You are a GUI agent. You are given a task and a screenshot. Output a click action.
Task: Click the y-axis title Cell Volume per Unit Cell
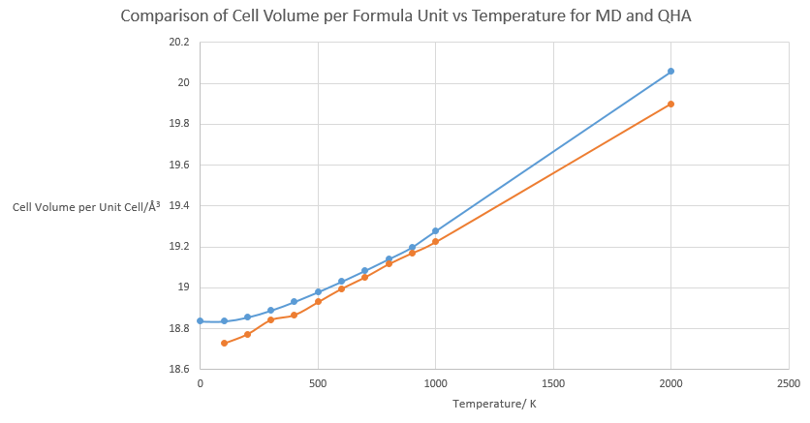pos(86,206)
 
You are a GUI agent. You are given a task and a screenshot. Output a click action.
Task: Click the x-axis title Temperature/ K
pos(495,405)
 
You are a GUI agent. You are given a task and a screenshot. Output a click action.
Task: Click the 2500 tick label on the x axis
pos(788,384)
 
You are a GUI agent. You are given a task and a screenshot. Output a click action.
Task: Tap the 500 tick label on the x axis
pos(318,384)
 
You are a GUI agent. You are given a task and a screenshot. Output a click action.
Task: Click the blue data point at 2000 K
pos(670,72)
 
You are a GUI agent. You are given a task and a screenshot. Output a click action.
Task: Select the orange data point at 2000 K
pos(670,105)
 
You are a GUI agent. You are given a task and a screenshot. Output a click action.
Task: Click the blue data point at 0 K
pos(201,320)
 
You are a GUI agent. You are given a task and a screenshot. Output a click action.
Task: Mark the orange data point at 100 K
pos(224,343)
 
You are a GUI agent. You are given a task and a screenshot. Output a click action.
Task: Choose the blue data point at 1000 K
pos(435,231)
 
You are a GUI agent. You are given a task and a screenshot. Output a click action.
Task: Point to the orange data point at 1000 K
pos(435,242)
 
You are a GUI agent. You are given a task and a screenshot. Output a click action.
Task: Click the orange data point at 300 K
pos(271,319)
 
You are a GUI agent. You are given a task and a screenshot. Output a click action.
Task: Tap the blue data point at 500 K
pos(318,291)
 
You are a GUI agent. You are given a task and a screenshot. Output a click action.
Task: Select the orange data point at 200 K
pos(248,334)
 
